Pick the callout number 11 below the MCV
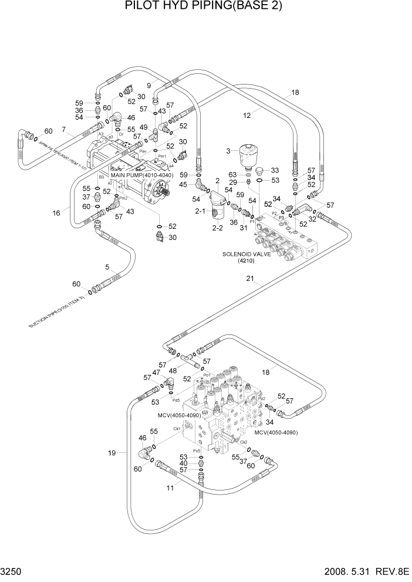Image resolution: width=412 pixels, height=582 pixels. [x=170, y=486]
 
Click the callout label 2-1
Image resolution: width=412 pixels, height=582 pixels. [x=200, y=211]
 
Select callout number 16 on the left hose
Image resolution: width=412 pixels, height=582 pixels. [x=56, y=213]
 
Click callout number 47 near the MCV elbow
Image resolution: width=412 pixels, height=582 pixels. [x=156, y=373]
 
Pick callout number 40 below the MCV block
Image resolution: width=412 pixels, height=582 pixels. [x=184, y=463]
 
